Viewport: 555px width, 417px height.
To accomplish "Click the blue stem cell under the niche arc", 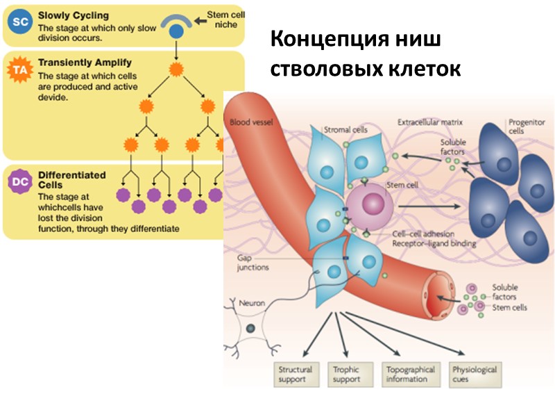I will tap(177, 31).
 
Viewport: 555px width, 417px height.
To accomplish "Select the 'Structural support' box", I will tap(295, 375).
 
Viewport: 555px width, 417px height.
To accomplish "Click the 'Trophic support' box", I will tap(347, 375).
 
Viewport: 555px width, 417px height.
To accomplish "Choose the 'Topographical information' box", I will tap(409, 375).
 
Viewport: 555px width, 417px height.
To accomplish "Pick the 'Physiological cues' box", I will tap(474, 375).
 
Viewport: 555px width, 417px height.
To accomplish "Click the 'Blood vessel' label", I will tap(250, 123).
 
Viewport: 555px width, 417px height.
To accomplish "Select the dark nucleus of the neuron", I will tap(250, 328).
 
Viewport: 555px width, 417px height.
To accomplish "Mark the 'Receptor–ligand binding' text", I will tap(432, 244).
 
